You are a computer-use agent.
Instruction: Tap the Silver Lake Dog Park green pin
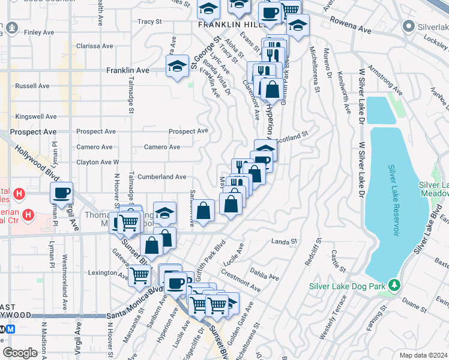[x=393, y=285]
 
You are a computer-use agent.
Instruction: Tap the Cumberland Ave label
[x=161, y=177]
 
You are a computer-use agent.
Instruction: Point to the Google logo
[x=20, y=352]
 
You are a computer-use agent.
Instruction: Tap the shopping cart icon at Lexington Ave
[x=139, y=275]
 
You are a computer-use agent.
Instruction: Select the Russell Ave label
[x=32, y=86]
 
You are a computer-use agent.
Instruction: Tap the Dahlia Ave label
[x=265, y=274]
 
